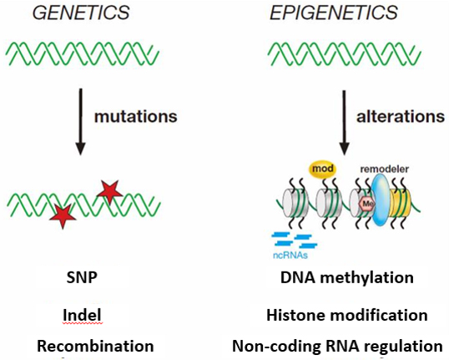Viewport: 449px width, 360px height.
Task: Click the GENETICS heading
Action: pyautogui.click(x=81, y=13)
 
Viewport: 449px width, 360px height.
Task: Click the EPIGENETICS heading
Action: pyautogui.click(x=334, y=13)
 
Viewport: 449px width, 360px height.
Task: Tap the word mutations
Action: pyautogui.click(x=136, y=117)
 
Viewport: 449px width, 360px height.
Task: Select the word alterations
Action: pyautogui.click(x=401, y=117)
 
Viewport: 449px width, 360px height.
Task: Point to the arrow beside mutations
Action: pyautogui.click(x=80, y=122)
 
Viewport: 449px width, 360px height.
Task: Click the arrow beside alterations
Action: pyautogui.click(x=344, y=123)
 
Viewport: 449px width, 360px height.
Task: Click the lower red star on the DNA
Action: pyautogui.click(x=63, y=216)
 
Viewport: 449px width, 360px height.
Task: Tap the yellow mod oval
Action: pyautogui.click(x=323, y=169)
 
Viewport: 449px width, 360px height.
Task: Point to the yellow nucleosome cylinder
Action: pyautogui.click(x=401, y=203)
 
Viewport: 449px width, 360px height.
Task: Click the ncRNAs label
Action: pyautogui.click(x=290, y=255)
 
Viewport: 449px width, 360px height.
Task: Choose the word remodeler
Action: pyautogui.click(x=384, y=169)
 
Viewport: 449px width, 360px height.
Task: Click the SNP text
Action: pyautogui.click(x=82, y=277)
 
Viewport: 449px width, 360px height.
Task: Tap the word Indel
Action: pyautogui.click(x=82, y=315)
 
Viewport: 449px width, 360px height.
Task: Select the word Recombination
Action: pyautogui.click(x=95, y=346)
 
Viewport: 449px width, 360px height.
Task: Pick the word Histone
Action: pyautogui.click(x=295, y=315)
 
